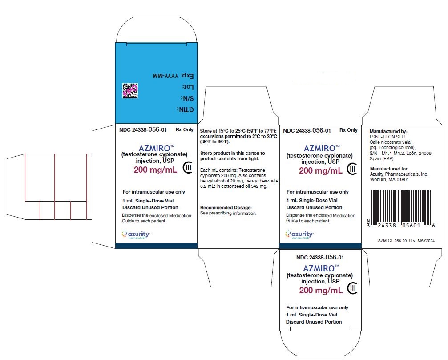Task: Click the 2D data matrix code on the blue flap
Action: (x=130, y=91)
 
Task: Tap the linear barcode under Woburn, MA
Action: (x=401, y=209)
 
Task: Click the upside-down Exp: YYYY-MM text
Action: (x=174, y=76)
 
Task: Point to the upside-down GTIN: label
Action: (x=186, y=110)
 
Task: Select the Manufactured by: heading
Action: (x=388, y=131)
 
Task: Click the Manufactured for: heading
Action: (x=389, y=169)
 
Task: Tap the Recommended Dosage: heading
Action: (x=226, y=208)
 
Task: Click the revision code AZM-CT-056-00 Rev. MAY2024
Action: (x=406, y=241)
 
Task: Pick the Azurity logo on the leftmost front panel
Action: (x=136, y=234)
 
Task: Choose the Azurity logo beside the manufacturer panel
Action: (x=299, y=234)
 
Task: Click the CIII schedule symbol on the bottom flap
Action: (x=352, y=288)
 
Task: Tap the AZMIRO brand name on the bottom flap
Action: (x=319, y=269)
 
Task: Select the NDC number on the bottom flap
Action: (x=320, y=257)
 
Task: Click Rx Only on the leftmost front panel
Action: (x=185, y=129)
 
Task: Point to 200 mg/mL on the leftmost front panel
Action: (x=155, y=170)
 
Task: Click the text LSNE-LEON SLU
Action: (x=387, y=137)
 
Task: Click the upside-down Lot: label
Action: (x=188, y=87)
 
